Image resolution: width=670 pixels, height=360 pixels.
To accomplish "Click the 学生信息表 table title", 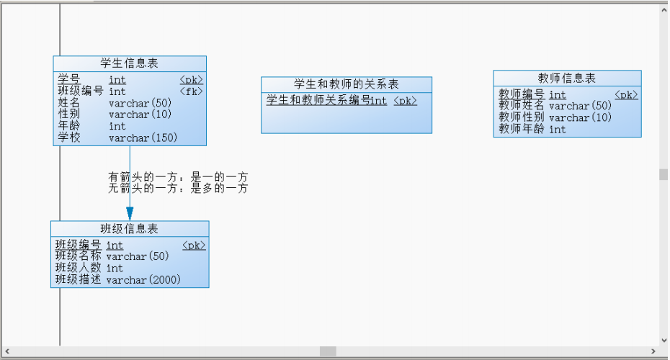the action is pos(129,63).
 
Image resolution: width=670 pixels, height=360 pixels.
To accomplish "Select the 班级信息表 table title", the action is pos(129,228).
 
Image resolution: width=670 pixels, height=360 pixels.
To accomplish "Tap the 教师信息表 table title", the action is pos(566,78).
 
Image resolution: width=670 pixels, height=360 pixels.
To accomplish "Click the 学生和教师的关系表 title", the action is pos(346,84).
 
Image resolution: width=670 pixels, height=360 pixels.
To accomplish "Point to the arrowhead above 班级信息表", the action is pos(130,214).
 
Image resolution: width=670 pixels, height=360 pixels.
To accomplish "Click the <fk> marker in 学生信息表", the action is pos(191,91).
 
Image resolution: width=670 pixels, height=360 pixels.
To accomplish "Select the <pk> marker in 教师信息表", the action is pos(627,95).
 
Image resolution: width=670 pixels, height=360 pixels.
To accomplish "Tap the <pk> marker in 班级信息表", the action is pos(194,246).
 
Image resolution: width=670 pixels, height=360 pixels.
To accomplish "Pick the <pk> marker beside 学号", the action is pos(191,80).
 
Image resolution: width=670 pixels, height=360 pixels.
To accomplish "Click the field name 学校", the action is pos(69,138).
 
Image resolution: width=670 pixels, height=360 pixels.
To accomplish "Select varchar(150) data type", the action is pos(143,138).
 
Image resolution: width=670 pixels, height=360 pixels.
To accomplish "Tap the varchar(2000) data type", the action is pos(143,279).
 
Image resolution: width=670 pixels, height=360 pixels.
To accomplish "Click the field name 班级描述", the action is pos(79,279).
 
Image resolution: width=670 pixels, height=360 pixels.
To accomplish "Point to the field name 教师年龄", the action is pos(522,129).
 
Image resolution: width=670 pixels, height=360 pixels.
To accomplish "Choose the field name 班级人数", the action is pos(79,268).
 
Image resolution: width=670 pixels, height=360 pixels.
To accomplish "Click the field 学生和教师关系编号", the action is pos(318,100).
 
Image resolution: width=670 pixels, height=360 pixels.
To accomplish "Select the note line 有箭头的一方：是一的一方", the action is pos(178,177).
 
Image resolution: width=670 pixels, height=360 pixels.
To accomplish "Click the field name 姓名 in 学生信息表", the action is pos(69,103).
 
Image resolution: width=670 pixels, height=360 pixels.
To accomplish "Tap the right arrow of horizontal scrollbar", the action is pos(653,351).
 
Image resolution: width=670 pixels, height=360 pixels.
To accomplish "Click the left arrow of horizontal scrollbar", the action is pos(6,351).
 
